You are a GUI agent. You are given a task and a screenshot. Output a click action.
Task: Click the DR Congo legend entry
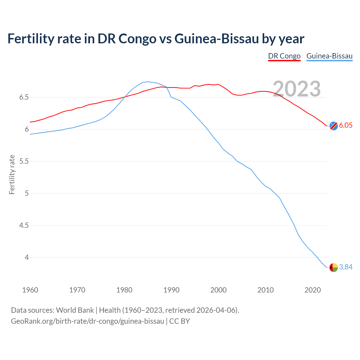[284, 56]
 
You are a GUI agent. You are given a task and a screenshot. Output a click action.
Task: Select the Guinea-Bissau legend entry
[329, 56]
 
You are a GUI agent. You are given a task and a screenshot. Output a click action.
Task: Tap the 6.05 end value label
[346, 125]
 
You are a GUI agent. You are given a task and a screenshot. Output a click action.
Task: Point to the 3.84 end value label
[346, 267]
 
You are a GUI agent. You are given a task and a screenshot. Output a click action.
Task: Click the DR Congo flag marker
[334, 126]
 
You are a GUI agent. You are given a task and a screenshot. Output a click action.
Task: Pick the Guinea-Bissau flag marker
[334, 267]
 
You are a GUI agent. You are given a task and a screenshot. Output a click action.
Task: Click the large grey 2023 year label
[297, 89]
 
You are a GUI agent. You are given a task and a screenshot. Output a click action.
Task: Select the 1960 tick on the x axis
[30, 290]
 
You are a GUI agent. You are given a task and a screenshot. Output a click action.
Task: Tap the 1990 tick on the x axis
[171, 290]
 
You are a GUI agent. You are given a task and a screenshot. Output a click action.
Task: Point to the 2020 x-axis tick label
[312, 290]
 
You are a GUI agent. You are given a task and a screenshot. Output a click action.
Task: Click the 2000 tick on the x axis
[218, 290]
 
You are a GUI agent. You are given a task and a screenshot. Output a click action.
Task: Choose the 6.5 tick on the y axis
[24, 97]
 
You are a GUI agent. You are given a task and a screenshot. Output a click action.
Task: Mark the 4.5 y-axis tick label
[24, 226]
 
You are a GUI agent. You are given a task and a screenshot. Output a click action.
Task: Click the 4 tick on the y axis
[27, 258]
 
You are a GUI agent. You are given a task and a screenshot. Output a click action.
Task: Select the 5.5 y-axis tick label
[24, 161]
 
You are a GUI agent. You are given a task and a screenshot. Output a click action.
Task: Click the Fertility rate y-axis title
[12, 174]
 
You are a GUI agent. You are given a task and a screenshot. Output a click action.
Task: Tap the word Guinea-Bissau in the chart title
[216, 39]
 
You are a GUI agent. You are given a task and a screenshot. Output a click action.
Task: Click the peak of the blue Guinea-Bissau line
[148, 82]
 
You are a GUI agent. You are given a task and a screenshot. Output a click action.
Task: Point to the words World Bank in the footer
[75, 310]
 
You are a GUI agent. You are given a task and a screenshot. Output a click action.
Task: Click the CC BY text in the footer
[179, 321]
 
